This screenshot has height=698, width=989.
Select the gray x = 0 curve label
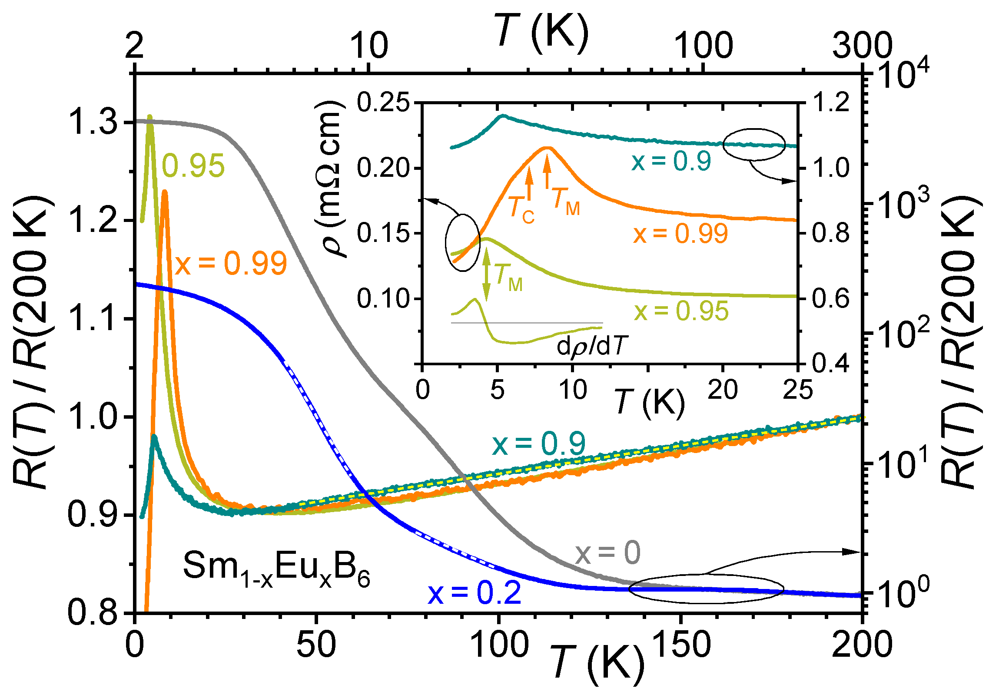click(x=608, y=553)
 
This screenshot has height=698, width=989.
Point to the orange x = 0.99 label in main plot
click(x=231, y=263)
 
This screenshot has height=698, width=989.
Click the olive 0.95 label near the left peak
click(x=193, y=165)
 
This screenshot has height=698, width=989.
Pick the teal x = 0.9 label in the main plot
click(x=539, y=444)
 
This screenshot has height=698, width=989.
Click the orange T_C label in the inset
click(x=521, y=209)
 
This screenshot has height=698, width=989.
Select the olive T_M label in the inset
click(x=508, y=278)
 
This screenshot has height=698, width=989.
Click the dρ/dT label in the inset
click(x=592, y=347)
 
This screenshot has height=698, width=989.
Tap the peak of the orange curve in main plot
click(x=165, y=192)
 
